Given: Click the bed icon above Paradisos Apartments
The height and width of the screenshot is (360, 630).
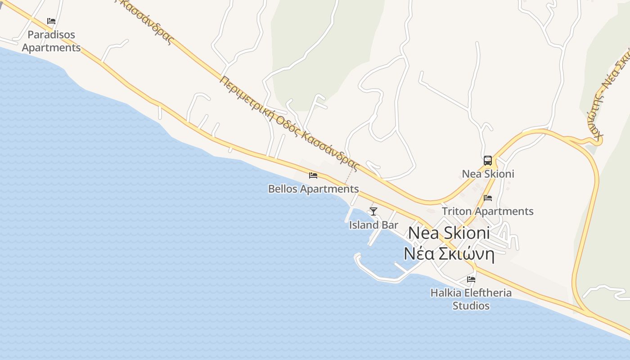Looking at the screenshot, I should (51, 21).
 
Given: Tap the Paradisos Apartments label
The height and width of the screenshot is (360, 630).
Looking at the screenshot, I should (51, 41).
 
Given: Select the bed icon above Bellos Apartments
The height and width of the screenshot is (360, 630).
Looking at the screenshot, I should (313, 175).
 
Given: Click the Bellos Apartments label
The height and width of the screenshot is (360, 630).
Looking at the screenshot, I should (313, 189).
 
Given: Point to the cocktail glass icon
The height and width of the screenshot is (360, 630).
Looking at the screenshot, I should (373, 211).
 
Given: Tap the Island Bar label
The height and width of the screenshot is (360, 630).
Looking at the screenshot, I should (373, 225).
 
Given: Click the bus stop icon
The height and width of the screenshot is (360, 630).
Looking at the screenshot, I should (488, 161).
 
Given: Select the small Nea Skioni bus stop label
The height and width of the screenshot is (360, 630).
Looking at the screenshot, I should (488, 174).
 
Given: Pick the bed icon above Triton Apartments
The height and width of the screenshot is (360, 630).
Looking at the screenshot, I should (488, 198).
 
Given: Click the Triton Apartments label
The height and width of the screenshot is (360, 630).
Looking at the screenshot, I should (488, 211).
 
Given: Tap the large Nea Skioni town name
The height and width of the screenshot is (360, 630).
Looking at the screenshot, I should (449, 233).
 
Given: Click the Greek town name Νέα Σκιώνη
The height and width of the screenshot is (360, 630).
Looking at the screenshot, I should (449, 254).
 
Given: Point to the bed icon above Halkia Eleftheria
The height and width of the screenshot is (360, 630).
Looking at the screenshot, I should (471, 279).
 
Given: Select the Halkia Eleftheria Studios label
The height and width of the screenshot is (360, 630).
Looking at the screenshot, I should (471, 299).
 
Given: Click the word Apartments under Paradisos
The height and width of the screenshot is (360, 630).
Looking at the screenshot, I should (51, 48).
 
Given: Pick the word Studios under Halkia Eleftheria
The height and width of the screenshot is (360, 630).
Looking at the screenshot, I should (471, 306).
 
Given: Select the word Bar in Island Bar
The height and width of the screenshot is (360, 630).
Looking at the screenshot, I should (390, 225).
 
